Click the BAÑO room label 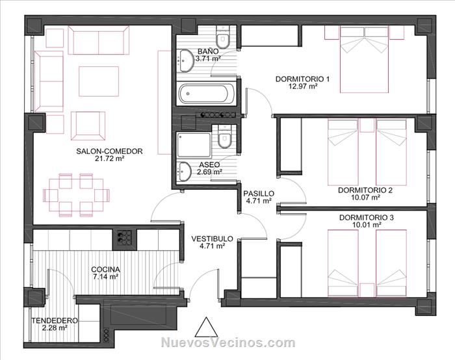point(208,51)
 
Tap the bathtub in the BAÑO point(207,94)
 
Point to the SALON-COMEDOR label point(109,151)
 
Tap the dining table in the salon point(76,195)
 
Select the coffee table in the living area point(99,81)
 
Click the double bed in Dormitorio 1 point(364,60)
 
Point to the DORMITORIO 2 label point(365,190)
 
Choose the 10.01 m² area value point(367,225)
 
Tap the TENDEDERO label point(55,320)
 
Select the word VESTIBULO point(212,238)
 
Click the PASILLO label point(259,193)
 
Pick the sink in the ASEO point(184,172)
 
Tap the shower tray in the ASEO point(194,145)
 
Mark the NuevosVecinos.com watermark point(228,342)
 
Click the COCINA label point(105,270)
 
